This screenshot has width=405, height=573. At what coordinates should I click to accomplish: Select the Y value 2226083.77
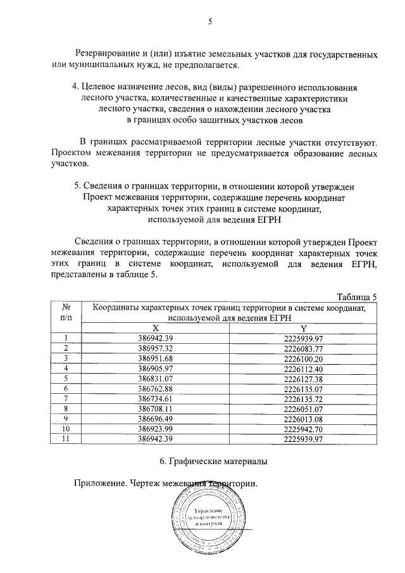[304, 348]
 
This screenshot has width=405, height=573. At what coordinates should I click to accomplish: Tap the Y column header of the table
[304, 328]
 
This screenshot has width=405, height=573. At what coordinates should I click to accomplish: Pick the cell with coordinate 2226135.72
[304, 398]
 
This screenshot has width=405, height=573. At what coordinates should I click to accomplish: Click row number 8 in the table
[65, 408]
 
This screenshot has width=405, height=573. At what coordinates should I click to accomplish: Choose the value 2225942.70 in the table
[304, 429]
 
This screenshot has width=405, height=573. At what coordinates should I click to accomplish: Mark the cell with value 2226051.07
[304, 408]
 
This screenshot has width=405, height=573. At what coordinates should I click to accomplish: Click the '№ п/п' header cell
[65, 312]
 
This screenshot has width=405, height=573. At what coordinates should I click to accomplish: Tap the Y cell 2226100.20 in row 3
[304, 358]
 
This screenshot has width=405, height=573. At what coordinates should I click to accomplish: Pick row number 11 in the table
[65, 439]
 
